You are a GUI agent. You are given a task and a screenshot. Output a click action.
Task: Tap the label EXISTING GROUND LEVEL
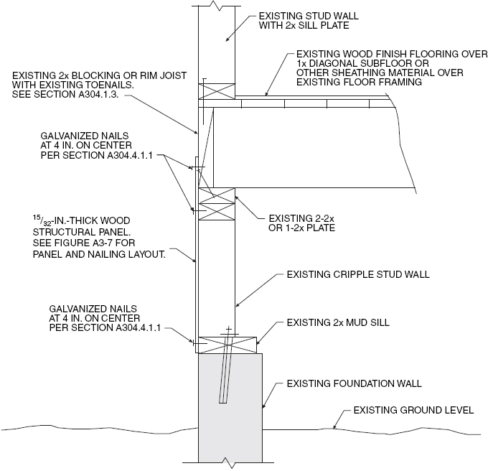(x=413, y=411)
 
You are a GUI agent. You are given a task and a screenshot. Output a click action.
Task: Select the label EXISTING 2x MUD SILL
(x=337, y=323)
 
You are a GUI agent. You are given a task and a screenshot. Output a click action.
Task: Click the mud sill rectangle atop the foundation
(x=227, y=344)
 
